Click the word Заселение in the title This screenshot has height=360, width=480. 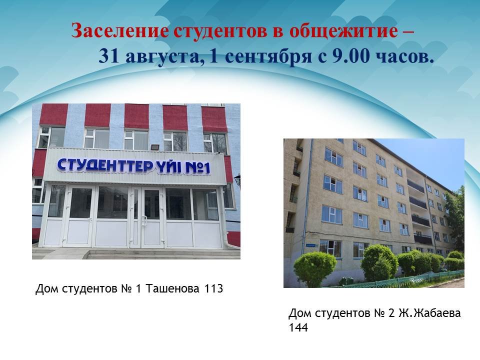point(119,31)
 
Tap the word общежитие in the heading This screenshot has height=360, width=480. point(343,31)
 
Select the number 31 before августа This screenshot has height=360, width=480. point(109,56)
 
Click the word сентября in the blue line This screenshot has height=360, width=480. point(269,57)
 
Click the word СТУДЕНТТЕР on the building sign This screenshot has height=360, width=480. point(105,165)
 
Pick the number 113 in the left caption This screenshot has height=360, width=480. point(213,288)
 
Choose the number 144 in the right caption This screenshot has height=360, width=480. point(298,327)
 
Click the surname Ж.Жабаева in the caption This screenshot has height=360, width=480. point(429,313)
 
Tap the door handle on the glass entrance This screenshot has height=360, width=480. point(143,220)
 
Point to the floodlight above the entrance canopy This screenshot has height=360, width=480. point(155,147)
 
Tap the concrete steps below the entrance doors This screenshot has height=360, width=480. point(138,253)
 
